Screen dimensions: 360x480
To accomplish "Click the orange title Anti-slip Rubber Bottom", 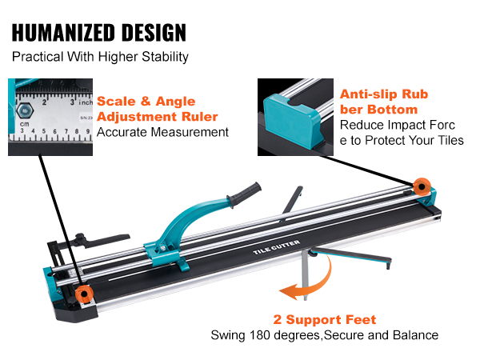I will pyautogui.click(x=384, y=102).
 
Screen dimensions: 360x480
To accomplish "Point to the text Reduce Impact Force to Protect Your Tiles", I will pyautogui.click(x=401, y=133).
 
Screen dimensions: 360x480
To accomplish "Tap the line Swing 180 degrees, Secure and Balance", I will pyautogui.click(x=324, y=334).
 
